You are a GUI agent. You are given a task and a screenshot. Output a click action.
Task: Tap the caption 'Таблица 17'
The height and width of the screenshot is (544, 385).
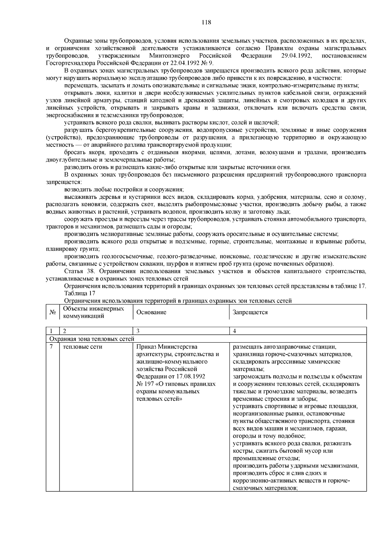[80, 293]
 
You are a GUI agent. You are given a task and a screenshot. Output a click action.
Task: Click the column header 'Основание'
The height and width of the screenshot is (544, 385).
[151, 312]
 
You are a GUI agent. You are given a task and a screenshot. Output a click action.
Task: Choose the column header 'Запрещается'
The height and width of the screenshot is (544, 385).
[250, 312]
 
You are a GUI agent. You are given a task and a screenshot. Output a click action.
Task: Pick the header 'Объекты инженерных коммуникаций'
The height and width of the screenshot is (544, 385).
[93, 312]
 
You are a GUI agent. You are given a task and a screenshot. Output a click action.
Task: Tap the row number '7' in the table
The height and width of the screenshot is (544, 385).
[51, 347]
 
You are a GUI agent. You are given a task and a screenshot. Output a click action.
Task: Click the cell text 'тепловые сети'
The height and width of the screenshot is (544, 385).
[83, 347]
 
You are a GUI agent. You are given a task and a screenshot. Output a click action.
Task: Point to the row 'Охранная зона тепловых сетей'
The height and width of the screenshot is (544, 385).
[91, 339]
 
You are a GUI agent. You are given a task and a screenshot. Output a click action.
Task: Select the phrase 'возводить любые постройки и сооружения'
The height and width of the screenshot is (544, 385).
[124, 189]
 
